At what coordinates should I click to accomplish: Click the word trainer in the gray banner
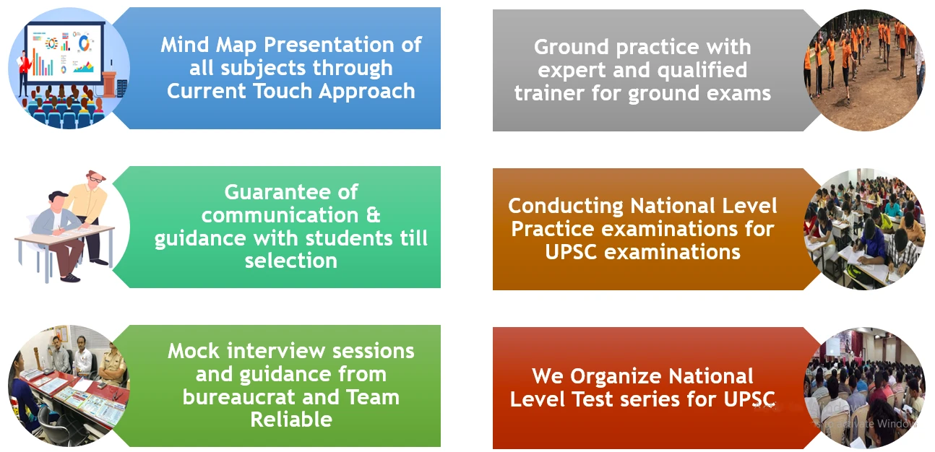tap(549, 93)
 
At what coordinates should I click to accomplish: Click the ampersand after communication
tap(373, 216)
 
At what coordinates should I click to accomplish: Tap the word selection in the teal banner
tap(291, 261)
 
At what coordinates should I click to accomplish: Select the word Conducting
tap(566, 207)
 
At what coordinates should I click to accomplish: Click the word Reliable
tap(291, 420)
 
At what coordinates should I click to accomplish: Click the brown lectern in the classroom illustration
tap(109, 82)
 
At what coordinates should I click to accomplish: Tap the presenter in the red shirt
tap(25, 71)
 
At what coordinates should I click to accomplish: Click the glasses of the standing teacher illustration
tap(96, 179)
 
